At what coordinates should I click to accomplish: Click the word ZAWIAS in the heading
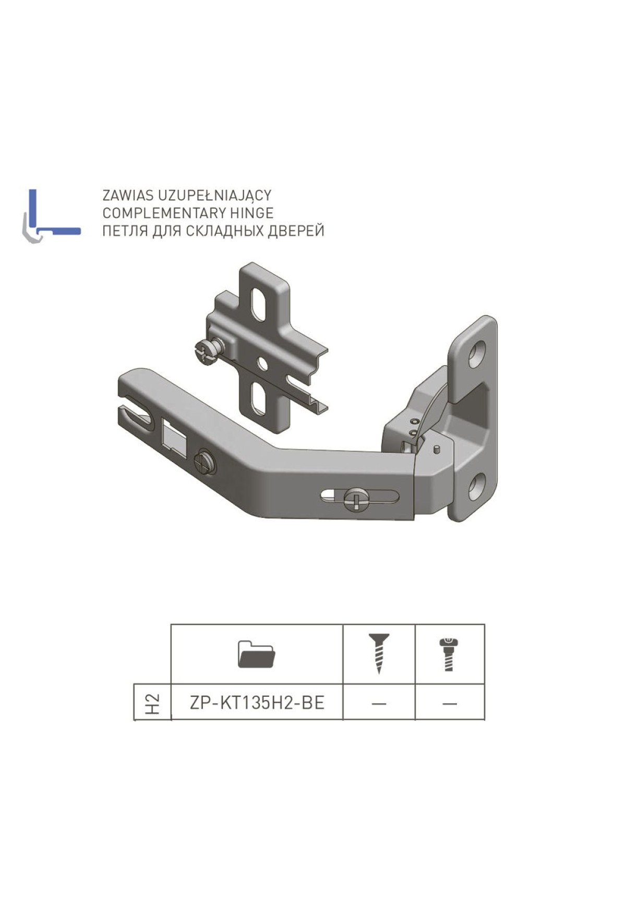(128, 195)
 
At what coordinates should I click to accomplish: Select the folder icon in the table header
(256, 654)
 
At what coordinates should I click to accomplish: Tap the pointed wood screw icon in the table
(379, 654)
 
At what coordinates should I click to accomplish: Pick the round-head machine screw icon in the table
(448, 654)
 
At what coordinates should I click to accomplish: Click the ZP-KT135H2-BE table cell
(257, 703)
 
